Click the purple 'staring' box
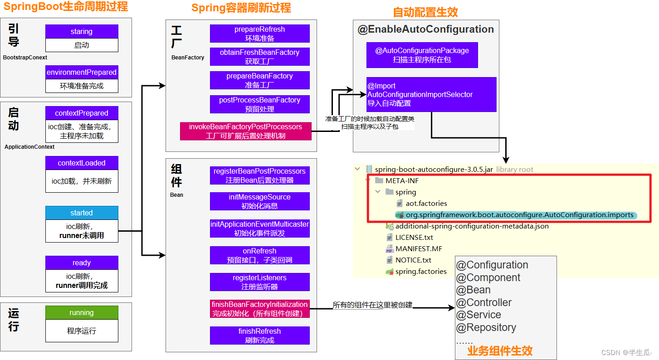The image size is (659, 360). pos(82,32)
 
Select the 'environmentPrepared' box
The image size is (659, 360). pos(82,73)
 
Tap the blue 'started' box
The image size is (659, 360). pos(82,213)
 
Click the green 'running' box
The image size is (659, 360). pos(82,313)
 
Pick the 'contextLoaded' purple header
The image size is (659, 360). pos(82,163)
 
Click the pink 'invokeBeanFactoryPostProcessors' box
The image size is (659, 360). pos(245,131)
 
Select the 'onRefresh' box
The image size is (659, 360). pos(259,255)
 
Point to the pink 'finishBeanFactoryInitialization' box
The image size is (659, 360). pos(259,309)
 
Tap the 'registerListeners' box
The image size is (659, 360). pos(259,282)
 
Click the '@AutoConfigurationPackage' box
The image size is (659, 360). pos(422,55)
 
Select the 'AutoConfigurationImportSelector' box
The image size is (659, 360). pos(431,94)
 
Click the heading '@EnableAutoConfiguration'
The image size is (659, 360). pos(425,29)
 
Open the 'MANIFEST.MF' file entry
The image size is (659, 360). pos(419,249)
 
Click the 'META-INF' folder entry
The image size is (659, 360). pos(402,181)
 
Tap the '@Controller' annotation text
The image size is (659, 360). pos(484,302)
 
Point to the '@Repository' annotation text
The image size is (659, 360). pos(486,327)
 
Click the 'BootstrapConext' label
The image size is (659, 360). pos(25,58)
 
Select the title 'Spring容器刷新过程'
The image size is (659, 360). pos(241,8)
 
